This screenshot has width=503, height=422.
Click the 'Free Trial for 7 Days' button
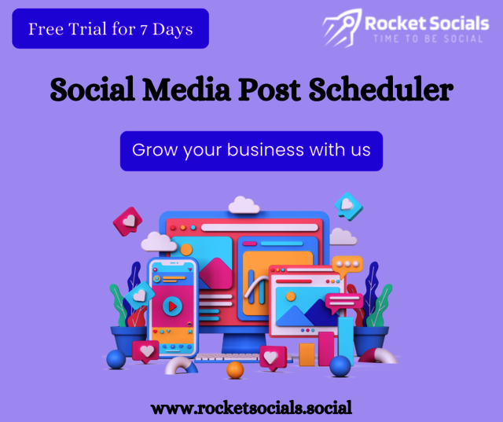[x=110, y=29]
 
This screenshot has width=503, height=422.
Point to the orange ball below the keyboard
[x=235, y=369]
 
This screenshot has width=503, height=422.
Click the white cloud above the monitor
[x=244, y=206]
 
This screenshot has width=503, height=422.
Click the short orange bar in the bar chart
[x=306, y=354]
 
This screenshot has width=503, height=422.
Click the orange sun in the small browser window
[x=292, y=296]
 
